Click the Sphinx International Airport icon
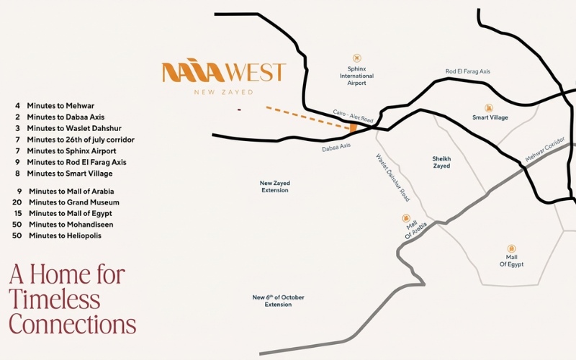click(x=357, y=58)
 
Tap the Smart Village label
click(x=490, y=117)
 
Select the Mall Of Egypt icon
click(x=511, y=248)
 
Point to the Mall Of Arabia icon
click(x=407, y=217)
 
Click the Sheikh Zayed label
click(x=441, y=162)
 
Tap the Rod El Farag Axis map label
click(x=467, y=71)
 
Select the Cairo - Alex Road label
click(x=354, y=115)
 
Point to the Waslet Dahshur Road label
click(x=392, y=177)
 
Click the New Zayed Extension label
click(x=274, y=186)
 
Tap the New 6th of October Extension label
click(x=278, y=301)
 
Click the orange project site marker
click(x=353, y=127)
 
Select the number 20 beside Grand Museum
click(x=17, y=202)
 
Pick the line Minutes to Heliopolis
click(x=65, y=235)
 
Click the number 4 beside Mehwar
click(x=17, y=106)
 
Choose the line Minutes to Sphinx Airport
click(x=72, y=151)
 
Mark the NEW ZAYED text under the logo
click(x=224, y=92)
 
